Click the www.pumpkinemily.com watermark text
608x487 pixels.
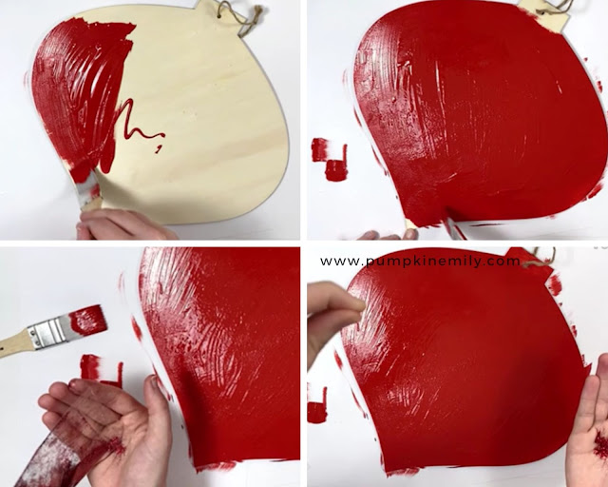click(x=420, y=261)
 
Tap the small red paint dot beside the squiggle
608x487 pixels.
click(x=159, y=148)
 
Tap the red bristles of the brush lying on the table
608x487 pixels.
click(x=87, y=320)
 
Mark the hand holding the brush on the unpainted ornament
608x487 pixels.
click(x=121, y=225)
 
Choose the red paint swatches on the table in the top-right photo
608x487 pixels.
click(x=330, y=159)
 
